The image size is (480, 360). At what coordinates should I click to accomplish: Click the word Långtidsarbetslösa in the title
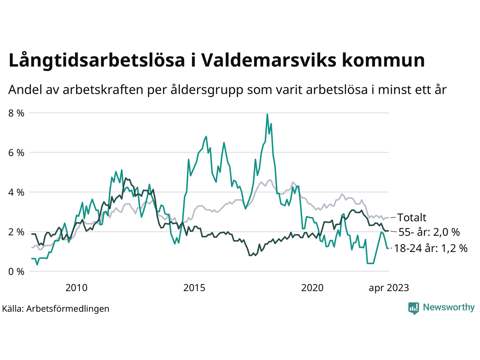pos(97,61)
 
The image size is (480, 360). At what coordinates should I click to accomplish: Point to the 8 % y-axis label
pos(16,113)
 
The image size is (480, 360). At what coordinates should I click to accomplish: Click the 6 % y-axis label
pos(16,153)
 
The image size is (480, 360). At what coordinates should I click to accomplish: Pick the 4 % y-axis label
pos(16,192)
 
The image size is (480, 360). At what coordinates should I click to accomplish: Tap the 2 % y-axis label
pos(16,232)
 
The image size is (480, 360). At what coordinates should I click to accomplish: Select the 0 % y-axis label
pos(16,271)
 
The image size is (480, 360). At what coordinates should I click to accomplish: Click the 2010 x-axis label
pos(76,288)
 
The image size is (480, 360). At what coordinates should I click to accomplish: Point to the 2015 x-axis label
pos(194,288)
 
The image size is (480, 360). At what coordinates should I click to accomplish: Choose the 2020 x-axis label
pos(312,288)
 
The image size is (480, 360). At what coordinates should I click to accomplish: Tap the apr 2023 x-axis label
pos(389,288)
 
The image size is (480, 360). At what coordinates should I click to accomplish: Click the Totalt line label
pos(412,217)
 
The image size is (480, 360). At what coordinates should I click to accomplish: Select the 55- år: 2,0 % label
pos(429,232)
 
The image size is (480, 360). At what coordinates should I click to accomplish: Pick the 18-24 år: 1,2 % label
pos(431,248)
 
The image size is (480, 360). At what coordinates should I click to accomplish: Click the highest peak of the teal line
pos(267,114)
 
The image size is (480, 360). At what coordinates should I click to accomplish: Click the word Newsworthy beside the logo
pos(448,307)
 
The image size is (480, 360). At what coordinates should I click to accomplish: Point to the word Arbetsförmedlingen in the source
pos(68,309)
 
